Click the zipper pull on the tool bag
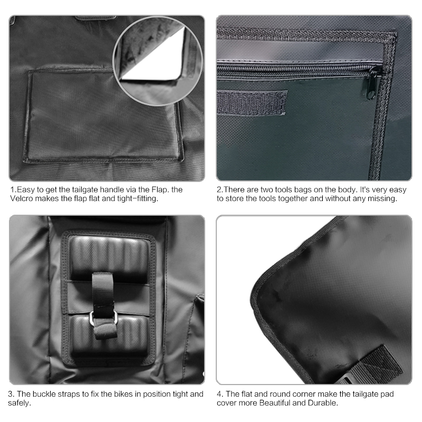[375, 83]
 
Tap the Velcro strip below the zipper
[252, 102]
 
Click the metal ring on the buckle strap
[103, 317]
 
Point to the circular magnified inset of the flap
[158, 61]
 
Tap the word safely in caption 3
[19, 403]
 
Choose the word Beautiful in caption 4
[274, 403]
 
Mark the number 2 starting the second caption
[219, 190]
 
